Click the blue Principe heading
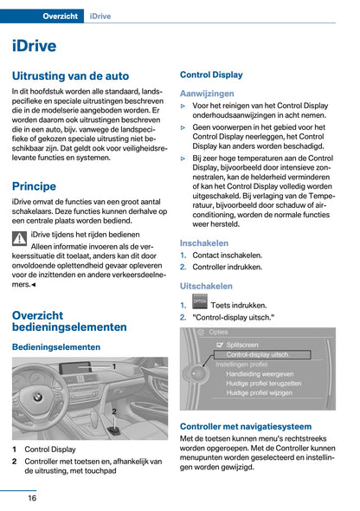coord(34,185)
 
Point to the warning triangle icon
coord(19,238)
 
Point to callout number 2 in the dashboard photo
coord(113,411)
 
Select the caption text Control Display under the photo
coord(49,450)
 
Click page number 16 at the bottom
coord(31,498)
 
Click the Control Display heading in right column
coord(211,74)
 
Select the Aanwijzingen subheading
coord(207,93)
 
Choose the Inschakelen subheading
coord(204,243)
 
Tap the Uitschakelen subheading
coord(206,285)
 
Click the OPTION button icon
coord(200,301)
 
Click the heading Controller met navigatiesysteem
coord(245,426)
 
